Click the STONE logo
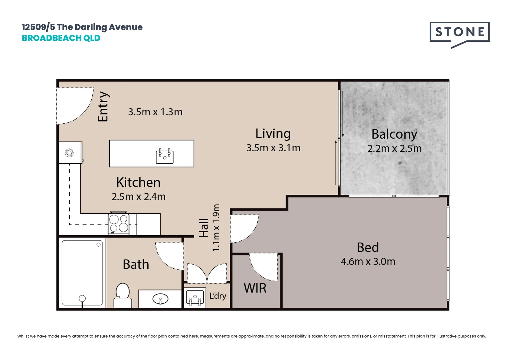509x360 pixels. (x=459, y=33)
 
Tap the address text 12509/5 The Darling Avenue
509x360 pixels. (x=82, y=27)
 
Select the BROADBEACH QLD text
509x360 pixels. (x=61, y=38)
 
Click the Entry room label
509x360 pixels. (x=103, y=107)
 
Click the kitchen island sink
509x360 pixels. (x=165, y=156)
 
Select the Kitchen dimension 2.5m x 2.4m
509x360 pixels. (x=139, y=197)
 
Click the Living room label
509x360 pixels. (x=273, y=134)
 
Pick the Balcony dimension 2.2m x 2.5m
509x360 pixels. (x=394, y=148)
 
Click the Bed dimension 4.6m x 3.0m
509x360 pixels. (x=368, y=261)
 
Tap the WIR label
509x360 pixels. (x=255, y=288)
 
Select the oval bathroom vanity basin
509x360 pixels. (x=160, y=299)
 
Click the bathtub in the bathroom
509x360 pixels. (x=82, y=273)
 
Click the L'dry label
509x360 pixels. (x=218, y=296)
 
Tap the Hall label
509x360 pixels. (x=204, y=228)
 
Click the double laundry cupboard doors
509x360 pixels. (x=207, y=273)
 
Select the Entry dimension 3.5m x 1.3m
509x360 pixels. (x=155, y=112)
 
